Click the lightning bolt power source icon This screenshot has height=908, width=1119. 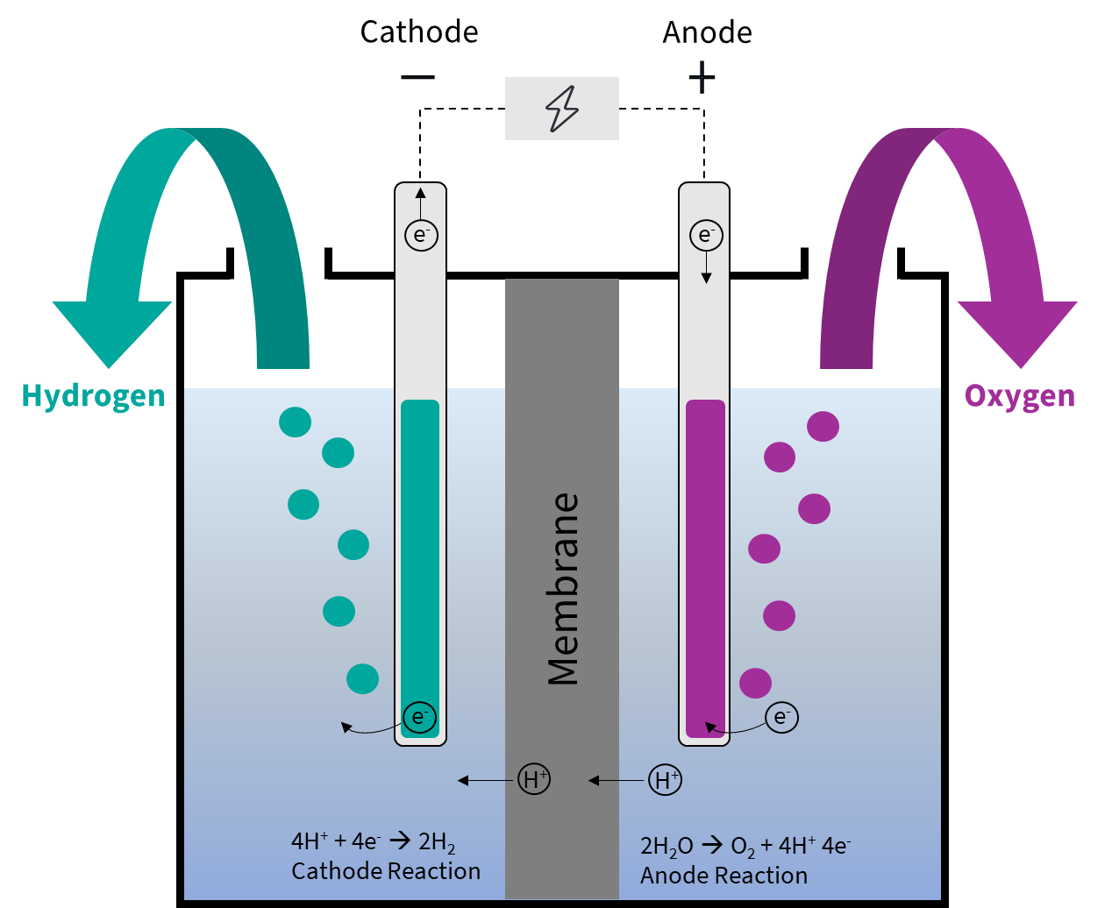pos(562,109)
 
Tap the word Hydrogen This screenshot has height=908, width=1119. pos(93,396)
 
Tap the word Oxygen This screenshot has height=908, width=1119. pos(1020,396)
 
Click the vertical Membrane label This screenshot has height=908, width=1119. pos(563,589)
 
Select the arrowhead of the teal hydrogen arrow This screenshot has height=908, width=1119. pos(111,333)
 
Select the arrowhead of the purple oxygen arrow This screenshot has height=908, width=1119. pos(1017,333)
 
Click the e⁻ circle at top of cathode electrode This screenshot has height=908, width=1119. pos(421,235)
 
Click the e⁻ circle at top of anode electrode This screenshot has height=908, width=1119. pos(706,235)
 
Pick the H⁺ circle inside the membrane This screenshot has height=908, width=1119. pos(534,779)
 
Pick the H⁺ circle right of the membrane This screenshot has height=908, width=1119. pos(665,779)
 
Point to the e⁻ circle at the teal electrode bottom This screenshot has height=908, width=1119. pos(419,718)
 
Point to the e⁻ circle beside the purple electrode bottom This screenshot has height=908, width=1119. pos(781,718)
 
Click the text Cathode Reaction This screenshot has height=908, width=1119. pos(386,871)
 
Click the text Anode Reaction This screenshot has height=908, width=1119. pos(723,876)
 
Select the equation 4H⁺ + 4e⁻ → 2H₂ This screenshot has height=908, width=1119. pos(373,843)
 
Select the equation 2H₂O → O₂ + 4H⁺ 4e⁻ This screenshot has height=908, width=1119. pos(745,847)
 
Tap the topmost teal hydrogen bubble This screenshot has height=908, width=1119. pos(296,422)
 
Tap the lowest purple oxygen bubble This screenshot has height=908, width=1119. pos(756,683)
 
